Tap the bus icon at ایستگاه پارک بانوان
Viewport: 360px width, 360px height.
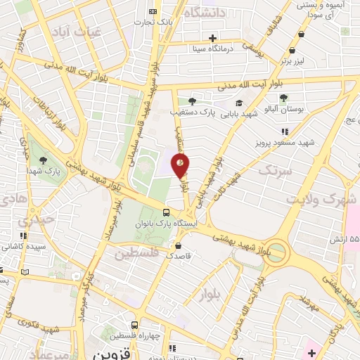click(166, 212)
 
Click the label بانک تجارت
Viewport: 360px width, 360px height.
click(153, 21)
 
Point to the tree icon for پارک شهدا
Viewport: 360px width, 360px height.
click(44, 160)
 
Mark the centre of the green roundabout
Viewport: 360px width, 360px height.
click(278, 251)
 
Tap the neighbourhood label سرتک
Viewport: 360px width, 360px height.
click(274, 171)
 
